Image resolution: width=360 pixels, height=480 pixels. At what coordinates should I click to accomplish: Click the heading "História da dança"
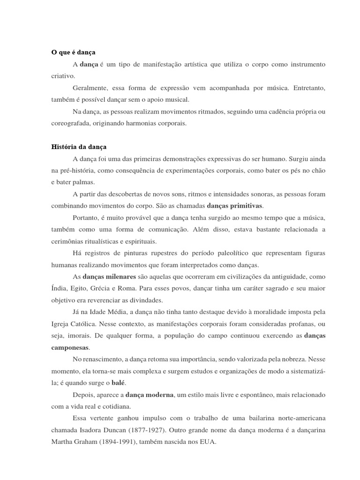tap(79, 147)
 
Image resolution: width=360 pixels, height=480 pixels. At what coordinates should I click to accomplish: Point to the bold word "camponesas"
tap(70, 347)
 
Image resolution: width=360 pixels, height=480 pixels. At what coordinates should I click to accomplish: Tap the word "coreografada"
tap(71, 123)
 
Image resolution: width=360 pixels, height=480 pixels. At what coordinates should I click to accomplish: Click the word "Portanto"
tap(86, 217)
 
